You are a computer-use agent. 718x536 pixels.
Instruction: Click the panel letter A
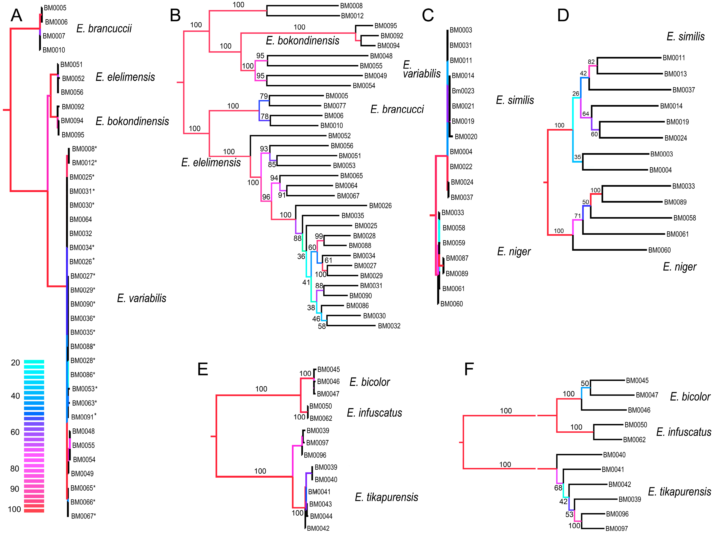16,15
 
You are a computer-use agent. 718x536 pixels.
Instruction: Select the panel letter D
563,15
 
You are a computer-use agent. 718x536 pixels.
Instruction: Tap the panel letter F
469,369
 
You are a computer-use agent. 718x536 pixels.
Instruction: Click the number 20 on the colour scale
15,363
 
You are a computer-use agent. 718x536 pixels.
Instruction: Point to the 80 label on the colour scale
15,469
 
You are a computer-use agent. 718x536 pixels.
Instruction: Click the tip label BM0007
54,36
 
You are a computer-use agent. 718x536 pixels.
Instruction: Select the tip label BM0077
334,106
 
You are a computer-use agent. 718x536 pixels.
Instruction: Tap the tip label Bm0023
463,91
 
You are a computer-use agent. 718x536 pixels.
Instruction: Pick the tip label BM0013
675,74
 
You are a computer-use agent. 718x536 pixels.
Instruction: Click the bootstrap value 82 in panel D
591,62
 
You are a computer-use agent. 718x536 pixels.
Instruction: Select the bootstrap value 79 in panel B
264,96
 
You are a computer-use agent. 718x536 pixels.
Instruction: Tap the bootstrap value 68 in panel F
558,488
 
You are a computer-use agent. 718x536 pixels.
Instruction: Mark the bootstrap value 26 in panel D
575,94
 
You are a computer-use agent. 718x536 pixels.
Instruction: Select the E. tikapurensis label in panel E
386,497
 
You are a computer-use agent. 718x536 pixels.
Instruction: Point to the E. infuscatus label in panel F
684,432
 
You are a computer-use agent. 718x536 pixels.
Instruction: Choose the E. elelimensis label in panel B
211,162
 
